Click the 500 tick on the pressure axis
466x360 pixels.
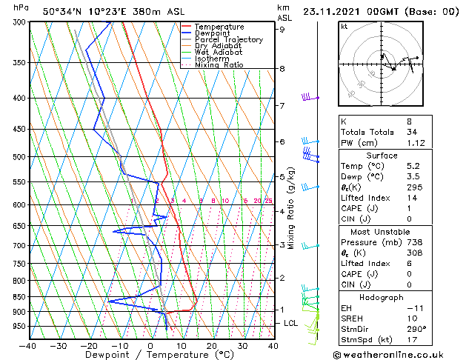pos(18,157)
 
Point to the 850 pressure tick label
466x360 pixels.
pos(18,297)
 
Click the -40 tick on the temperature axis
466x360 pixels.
pos(28,345)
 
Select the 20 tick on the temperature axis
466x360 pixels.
pos(212,345)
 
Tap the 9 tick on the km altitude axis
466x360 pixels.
pos(282,30)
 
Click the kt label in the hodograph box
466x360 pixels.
pos(344,26)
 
